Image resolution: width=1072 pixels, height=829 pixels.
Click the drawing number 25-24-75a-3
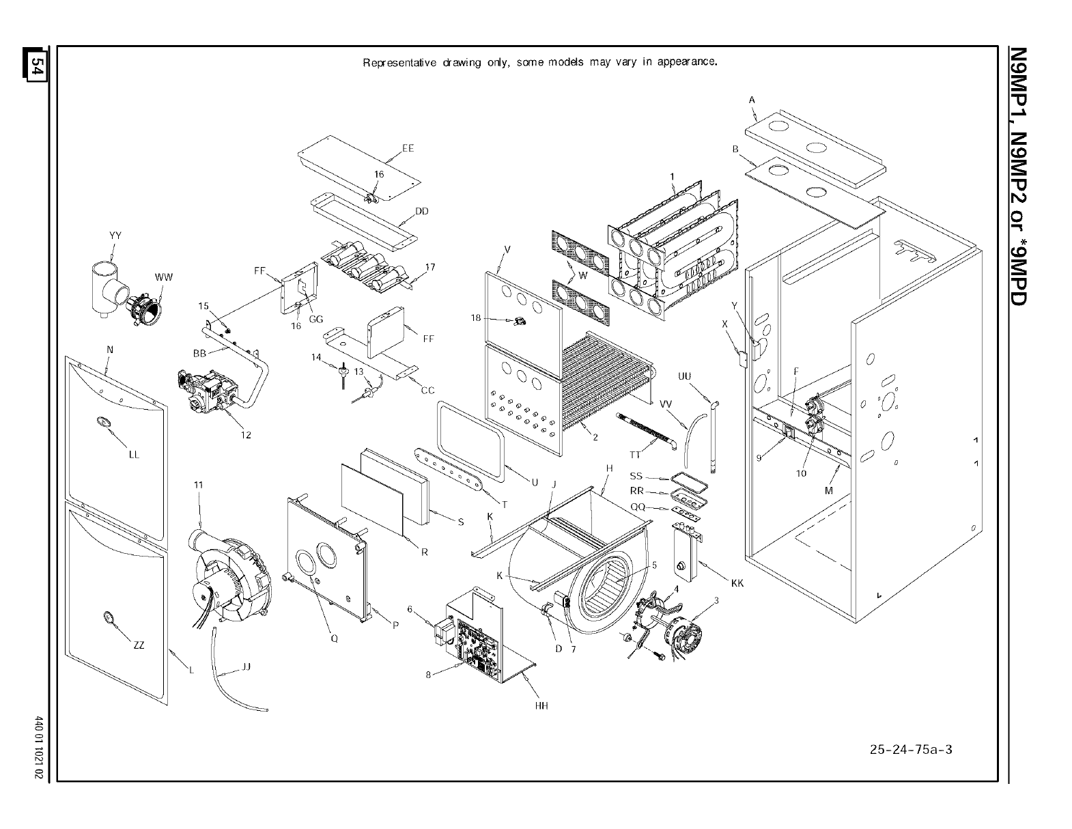[911, 749]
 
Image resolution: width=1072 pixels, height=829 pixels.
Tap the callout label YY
[115, 236]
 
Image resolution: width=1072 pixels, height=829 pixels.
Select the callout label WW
[163, 277]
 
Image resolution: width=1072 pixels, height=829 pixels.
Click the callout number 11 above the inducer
[198, 485]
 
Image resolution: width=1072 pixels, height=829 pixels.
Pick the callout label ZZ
[139, 645]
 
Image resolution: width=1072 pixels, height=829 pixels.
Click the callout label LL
[134, 455]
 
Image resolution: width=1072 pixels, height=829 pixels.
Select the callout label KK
[737, 583]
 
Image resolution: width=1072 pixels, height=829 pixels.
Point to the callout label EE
[408, 148]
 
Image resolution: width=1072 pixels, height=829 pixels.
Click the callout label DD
[421, 211]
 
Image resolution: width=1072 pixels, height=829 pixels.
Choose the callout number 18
[476, 318]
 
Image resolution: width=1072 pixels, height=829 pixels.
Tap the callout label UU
[685, 376]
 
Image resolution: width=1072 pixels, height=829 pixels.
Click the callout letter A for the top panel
[752, 100]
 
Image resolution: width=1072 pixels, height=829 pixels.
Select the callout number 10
[801, 473]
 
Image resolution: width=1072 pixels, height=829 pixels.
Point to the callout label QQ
[638, 507]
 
